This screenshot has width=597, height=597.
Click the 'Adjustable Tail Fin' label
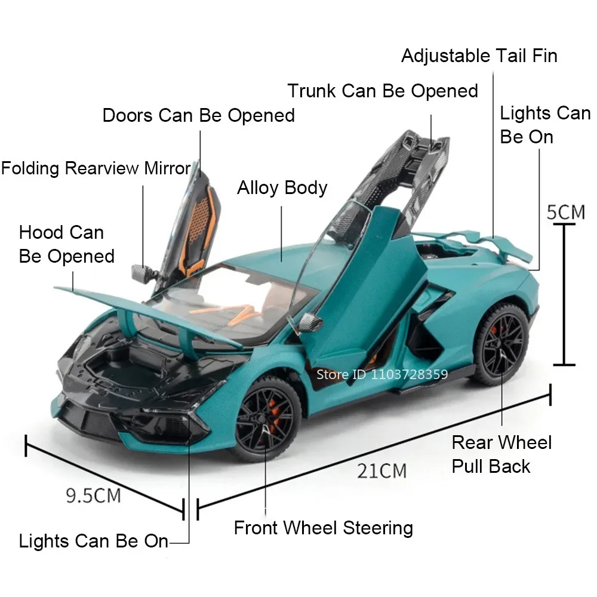pyautogui.click(x=479, y=56)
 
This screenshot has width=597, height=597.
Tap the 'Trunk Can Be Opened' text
pyautogui.click(x=383, y=91)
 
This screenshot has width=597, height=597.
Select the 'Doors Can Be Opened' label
pyautogui.click(x=198, y=115)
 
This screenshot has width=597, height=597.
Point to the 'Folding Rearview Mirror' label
pyautogui.click(x=96, y=168)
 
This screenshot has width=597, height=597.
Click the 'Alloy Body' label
pyautogui.click(x=282, y=187)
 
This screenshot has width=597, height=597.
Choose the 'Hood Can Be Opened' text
pyautogui.click(x=66, y=244)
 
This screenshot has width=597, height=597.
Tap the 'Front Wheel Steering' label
pyautogui.click(x=323, y=528)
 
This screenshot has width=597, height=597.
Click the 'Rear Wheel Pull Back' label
pyautogui.click(x=501, y=454)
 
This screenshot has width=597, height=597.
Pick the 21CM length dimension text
pyautogui.click(x=382, y=470)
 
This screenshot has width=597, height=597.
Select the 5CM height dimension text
pyautogui.click(x=567, y=211)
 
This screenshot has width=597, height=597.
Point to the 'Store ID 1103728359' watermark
pyautogui.click(x=382, y=374)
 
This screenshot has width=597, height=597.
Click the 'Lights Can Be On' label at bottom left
pyautogui.click(x=94, y=541)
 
